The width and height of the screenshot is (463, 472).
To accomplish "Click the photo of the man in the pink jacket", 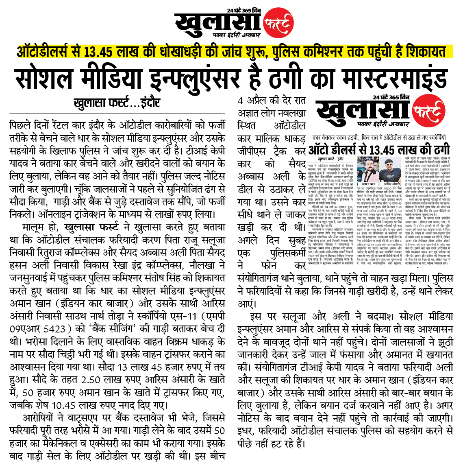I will (367, 168).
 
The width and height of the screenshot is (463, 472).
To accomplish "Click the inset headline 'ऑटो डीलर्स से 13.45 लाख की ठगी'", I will (378, 149).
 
